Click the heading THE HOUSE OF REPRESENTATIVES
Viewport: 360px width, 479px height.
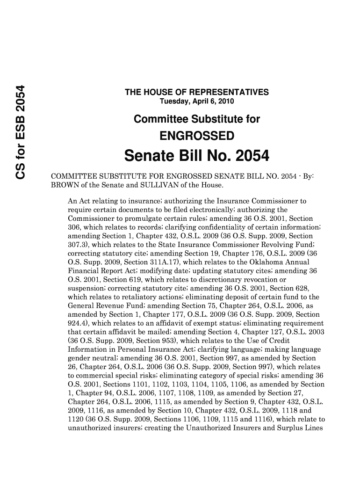pyautogui.click(x=196, y=93)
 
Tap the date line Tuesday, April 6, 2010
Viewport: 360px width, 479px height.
pyautogui.click(x=197, y=102)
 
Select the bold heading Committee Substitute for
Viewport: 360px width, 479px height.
pyautogui.click(x=196, y=119)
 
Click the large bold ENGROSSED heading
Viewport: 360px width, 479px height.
pyautogui.click(x=197, y=136)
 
